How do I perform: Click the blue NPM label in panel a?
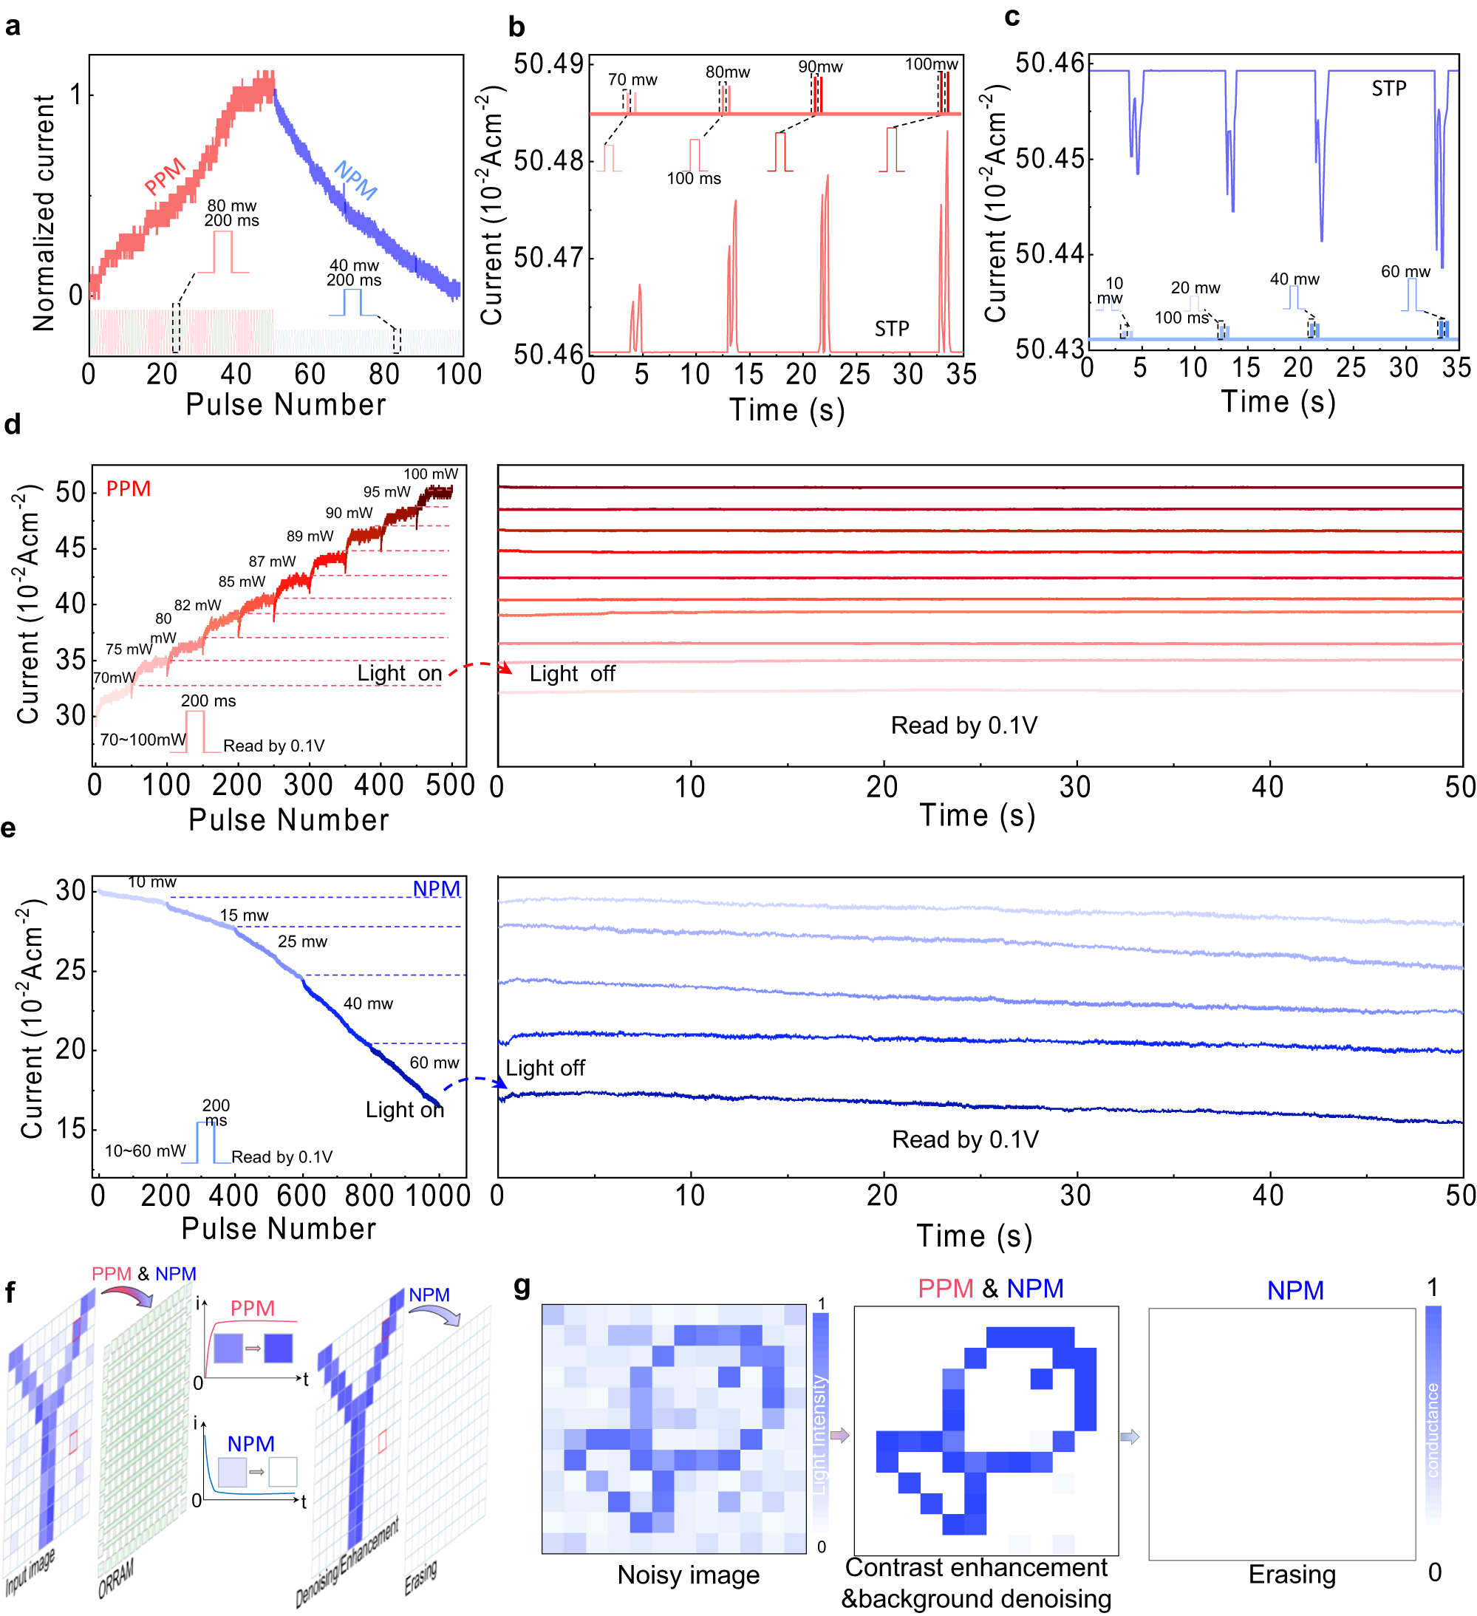pyautogui.click(x=355, y=180)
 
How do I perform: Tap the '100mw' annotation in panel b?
pyautogui.click(x=931, y=64)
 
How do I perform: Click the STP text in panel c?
pyautogui.click(x=1389, y=88)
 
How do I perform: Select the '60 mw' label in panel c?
pyautogui.click(x=1405, y=272)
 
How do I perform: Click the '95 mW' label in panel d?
pyautogui.click(x=386, y=491)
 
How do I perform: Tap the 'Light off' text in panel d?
pyautogui.click(x=572, y=674)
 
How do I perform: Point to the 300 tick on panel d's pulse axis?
pyautogui.click(x=308, y=784)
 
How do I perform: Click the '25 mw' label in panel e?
pyautogui.click(x=302, y=941)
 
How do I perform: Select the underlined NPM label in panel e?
pyautogui.click(x=436, y=889)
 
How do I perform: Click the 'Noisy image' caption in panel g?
pyautogui.click(x=689, y=1575)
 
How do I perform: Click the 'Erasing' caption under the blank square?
pyautogui.click(x=1292, y=1575)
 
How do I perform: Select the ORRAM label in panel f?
pyautogui.click(x=116, y=1578)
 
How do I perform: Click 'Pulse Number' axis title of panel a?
pyautogui.click(x=285, y=405)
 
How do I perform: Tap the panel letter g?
pyautogui.click(x=522, y=1286)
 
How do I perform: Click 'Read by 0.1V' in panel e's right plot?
pyautogui.click(x=965, y=1139)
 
